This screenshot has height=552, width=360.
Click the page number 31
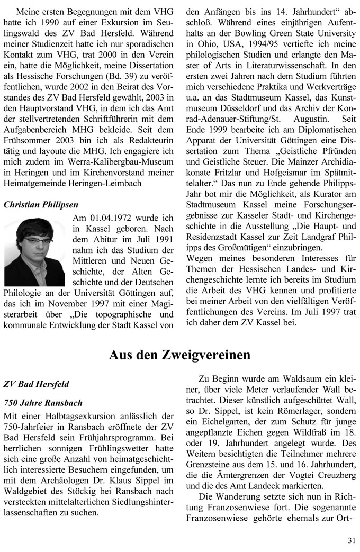click(352, 540)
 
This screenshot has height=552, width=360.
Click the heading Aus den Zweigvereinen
click(179, 355)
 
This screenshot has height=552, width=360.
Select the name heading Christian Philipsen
click(41, 204)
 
